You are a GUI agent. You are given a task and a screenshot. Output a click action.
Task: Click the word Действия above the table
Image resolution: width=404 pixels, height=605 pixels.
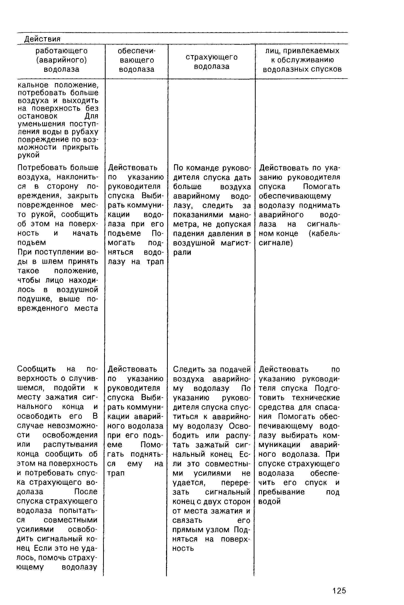42,39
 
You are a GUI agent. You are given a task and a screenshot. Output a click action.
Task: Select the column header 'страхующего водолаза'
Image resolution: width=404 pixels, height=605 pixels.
211,62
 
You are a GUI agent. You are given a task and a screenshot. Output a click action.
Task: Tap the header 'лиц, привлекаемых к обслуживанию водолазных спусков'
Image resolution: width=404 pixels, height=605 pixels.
302,60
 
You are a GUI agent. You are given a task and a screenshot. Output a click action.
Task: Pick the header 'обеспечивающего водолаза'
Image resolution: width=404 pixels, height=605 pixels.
137,60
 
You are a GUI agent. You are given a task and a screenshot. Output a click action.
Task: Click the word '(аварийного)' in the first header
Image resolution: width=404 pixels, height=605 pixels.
61,60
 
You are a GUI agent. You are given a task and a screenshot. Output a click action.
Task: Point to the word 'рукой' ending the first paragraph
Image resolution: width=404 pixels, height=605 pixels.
29,155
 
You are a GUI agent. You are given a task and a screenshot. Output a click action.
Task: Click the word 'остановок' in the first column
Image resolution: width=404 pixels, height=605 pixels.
38,116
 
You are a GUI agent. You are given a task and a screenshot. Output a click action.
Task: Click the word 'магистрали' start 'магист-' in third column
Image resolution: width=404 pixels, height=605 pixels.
236,243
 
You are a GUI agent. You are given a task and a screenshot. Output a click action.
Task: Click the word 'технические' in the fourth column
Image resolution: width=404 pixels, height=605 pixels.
316,397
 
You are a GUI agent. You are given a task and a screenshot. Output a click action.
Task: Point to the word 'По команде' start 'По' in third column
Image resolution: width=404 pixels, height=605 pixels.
178,168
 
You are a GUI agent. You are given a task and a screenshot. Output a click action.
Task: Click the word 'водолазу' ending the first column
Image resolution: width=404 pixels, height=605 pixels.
79,567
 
